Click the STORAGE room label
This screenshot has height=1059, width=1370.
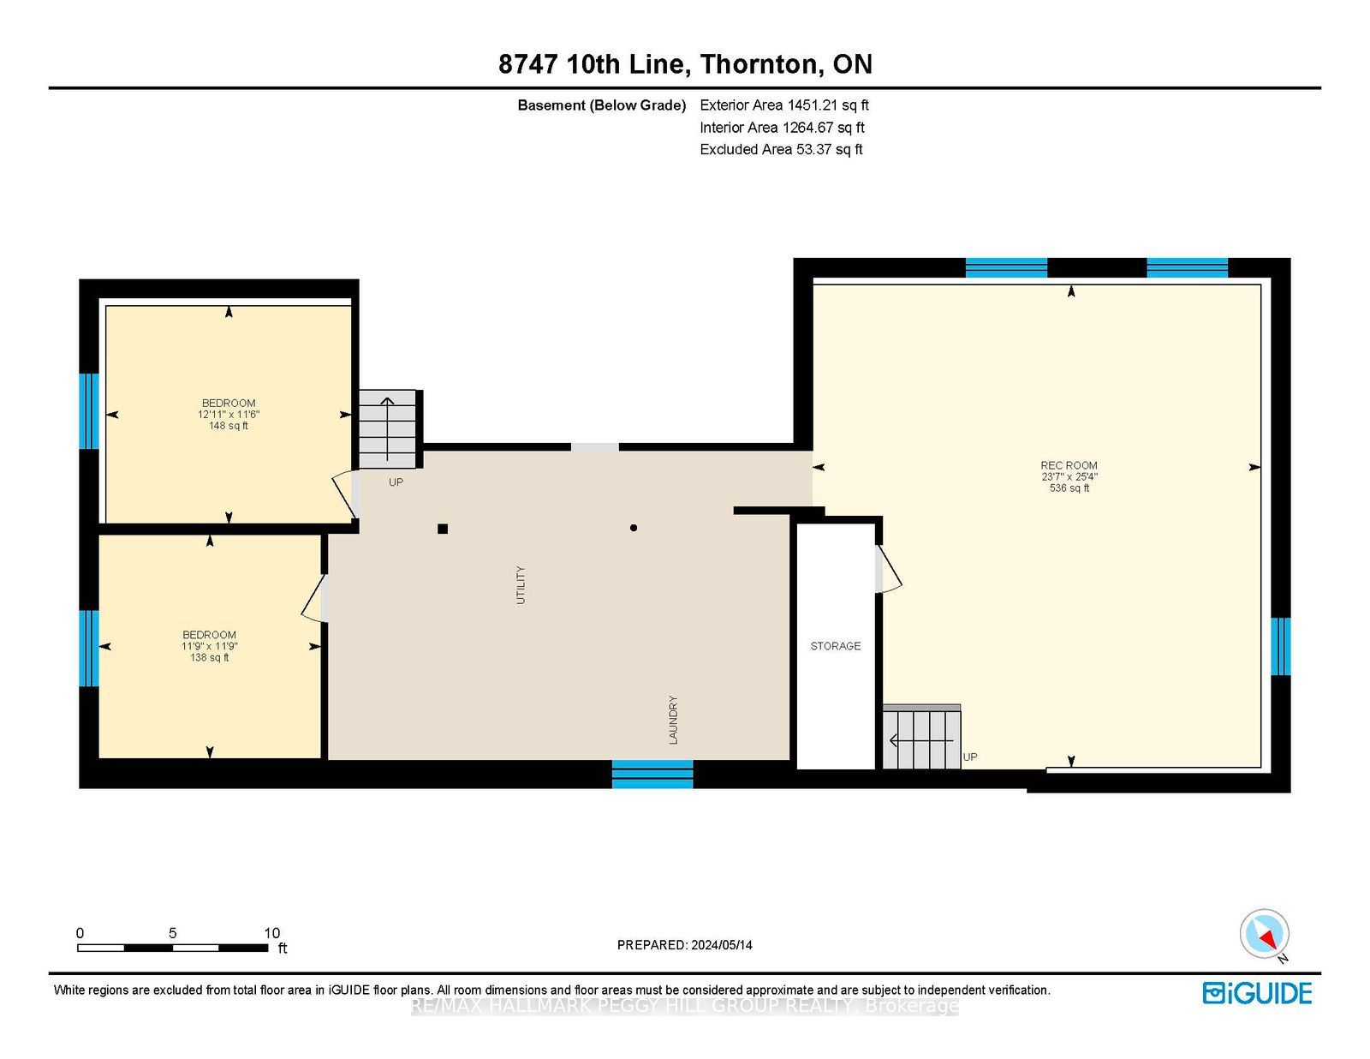pos(835,646)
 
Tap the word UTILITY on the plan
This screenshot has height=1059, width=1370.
pos(521,585)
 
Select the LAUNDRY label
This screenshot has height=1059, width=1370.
pos(673,720)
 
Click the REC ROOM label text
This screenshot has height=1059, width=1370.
pos(1069,465)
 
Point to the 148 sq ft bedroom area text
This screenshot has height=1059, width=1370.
pos(229,426)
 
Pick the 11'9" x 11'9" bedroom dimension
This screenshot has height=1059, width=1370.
pos(209,646)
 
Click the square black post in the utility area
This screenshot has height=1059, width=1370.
pos(443,529)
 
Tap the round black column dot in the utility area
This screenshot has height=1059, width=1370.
pos(633,528)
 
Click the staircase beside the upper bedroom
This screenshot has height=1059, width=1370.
pos(388,429)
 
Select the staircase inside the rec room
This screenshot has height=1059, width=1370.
pos(921,737)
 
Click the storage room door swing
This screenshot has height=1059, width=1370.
pos(888,568)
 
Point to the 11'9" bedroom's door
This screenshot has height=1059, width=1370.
pos(313,598)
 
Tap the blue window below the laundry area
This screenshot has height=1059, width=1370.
pos(652,775)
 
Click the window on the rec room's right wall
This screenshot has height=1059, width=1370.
pos(1280,647)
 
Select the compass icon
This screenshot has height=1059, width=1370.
pos(1264,935)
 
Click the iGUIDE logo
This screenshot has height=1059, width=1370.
pos(1257,993)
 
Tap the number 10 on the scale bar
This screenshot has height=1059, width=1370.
pos(271,933)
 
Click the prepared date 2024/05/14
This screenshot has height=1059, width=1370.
pos(721,945)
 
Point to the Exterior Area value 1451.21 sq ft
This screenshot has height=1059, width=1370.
pos(828,105)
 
